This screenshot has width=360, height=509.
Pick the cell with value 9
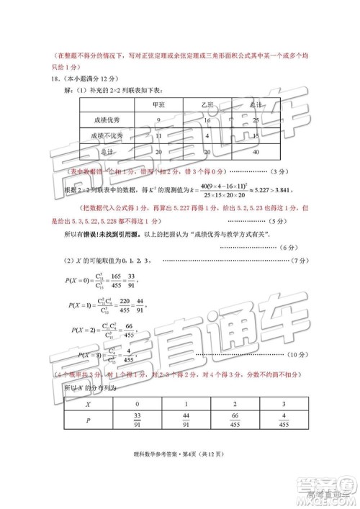click(158, 120)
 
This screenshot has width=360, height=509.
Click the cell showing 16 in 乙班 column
click(207, 120)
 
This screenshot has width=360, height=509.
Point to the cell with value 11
click(158, 135)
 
